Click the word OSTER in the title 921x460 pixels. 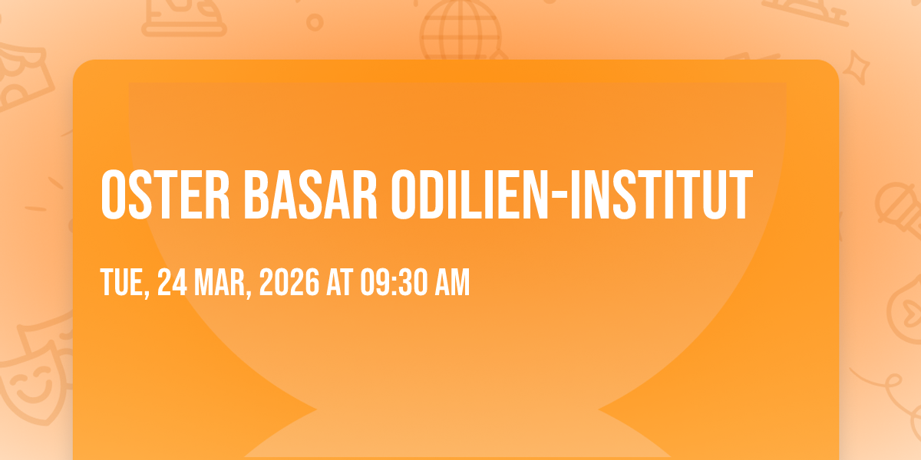tap(165, 195)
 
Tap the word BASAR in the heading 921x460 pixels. tap(310, 195)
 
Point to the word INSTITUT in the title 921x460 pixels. tap(662, 195)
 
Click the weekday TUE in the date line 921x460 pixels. tap(124, 283)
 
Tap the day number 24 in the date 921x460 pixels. tap(172, 282)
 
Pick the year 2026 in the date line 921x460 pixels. tap(289, 282)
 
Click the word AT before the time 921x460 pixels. tap(340, 282)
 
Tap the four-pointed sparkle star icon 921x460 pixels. tap(857, 67)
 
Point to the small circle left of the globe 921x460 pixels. tap(315, 22)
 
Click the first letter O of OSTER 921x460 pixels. tap(113, 195)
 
